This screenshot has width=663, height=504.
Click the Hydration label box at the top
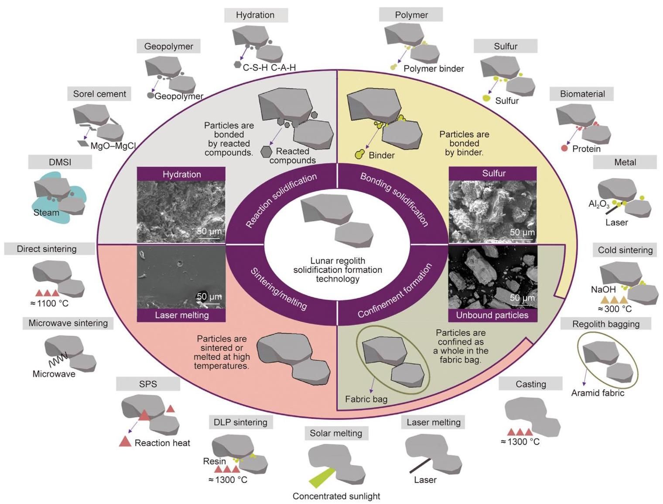[256, 15]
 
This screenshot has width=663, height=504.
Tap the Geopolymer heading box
[168, 46]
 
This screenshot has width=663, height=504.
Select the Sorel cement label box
[99, 94]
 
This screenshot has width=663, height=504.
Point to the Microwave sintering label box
[68, 323]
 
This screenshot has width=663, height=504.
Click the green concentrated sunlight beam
[322, 478]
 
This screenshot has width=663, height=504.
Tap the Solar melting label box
[336, 433]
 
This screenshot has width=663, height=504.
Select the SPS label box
[148, 384]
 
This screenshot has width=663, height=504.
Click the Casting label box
[531, 384]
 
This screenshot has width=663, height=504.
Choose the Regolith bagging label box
[606, 324]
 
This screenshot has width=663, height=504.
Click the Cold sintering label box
[625, 250]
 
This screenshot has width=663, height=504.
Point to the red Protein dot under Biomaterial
[564, 148]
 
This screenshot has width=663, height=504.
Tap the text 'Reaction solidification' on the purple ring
[281, 200]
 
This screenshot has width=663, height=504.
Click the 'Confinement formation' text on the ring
[395, 291]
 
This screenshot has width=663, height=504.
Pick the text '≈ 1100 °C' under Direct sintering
[49, 303]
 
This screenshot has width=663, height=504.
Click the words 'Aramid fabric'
[598, 393]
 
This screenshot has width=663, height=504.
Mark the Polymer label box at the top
[411, 15]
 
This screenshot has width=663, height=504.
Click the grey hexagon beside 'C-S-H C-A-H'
[237, 65]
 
